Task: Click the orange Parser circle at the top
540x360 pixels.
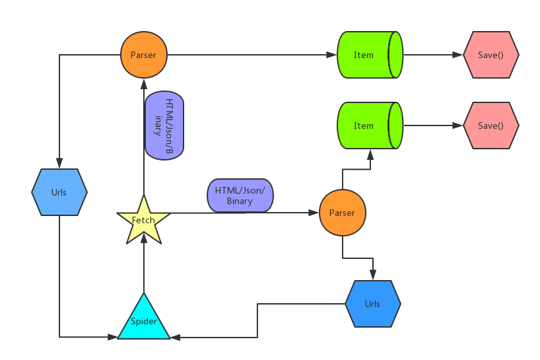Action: coord(144,55)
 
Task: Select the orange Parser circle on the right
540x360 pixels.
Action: coord(342,213)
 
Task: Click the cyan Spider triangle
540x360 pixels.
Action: coord(144,320)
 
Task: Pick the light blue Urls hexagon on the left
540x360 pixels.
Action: coord(59,192)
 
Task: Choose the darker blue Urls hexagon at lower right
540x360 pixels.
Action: coord(373,304)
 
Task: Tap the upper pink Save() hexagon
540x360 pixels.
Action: coord(491,55)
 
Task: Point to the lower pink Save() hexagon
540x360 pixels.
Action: coord(491,126)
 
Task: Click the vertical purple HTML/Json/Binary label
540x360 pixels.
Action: coord(163,126)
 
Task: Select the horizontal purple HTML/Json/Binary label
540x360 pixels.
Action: coord(240,196)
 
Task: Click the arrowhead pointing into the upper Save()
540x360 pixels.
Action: coord(458,55)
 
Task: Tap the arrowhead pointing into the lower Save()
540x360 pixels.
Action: coord(458,126)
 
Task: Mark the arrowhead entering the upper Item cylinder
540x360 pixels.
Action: coord(332,55)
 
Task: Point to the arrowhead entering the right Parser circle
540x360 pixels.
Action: coord(314,213)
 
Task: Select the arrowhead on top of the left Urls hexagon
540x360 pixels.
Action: coord(59,164)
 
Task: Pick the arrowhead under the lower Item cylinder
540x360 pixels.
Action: coord(370,154)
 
